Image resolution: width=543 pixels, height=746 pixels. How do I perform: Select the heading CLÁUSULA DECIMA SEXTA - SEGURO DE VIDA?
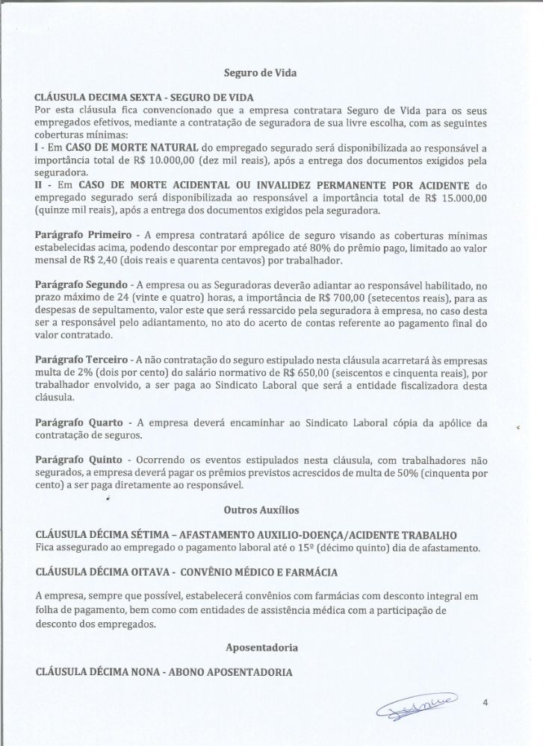coord(144,98)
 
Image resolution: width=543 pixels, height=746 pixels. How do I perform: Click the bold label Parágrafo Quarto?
coord(74,423)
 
